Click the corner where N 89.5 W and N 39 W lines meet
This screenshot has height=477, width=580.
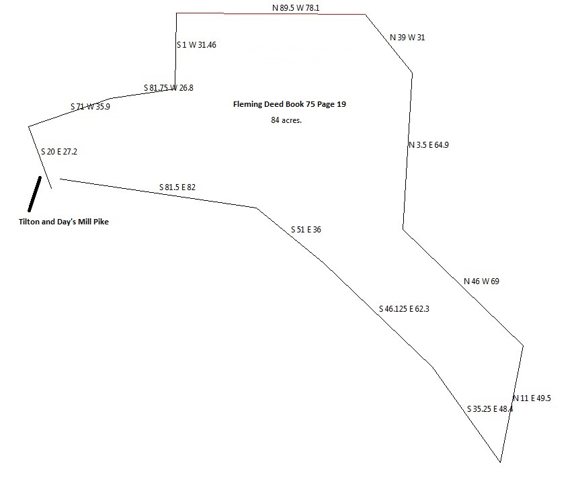point(366,14)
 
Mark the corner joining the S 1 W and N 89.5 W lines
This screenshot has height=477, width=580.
point(177,13)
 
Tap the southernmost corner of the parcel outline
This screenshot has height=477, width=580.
point(500,462)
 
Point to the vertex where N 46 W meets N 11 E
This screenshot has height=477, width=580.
point(523,346)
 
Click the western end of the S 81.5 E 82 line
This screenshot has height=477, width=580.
point(60,179)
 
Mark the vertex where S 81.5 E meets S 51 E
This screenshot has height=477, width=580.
point(257,208)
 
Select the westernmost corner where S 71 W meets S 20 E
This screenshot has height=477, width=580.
point(29,127)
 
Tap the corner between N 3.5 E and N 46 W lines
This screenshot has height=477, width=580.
point(403,229)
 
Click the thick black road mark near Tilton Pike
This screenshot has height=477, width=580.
point(35,194)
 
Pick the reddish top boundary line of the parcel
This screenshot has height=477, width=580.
point(271,13)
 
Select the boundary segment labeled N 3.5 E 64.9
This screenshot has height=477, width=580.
point(408,151)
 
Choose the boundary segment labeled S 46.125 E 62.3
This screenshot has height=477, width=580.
point(378,314)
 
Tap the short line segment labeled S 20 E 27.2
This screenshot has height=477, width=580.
point(40,157)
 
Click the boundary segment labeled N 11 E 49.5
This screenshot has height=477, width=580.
point(511,404)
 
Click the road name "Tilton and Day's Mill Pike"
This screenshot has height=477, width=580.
point(64,222)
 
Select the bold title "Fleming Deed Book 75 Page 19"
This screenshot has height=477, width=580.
point(290,104)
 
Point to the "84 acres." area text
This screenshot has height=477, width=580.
point(286,120)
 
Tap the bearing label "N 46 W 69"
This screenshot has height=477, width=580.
point(481,281)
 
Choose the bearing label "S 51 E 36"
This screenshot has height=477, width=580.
point(306,230)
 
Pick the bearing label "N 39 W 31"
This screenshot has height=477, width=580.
point(407,38)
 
